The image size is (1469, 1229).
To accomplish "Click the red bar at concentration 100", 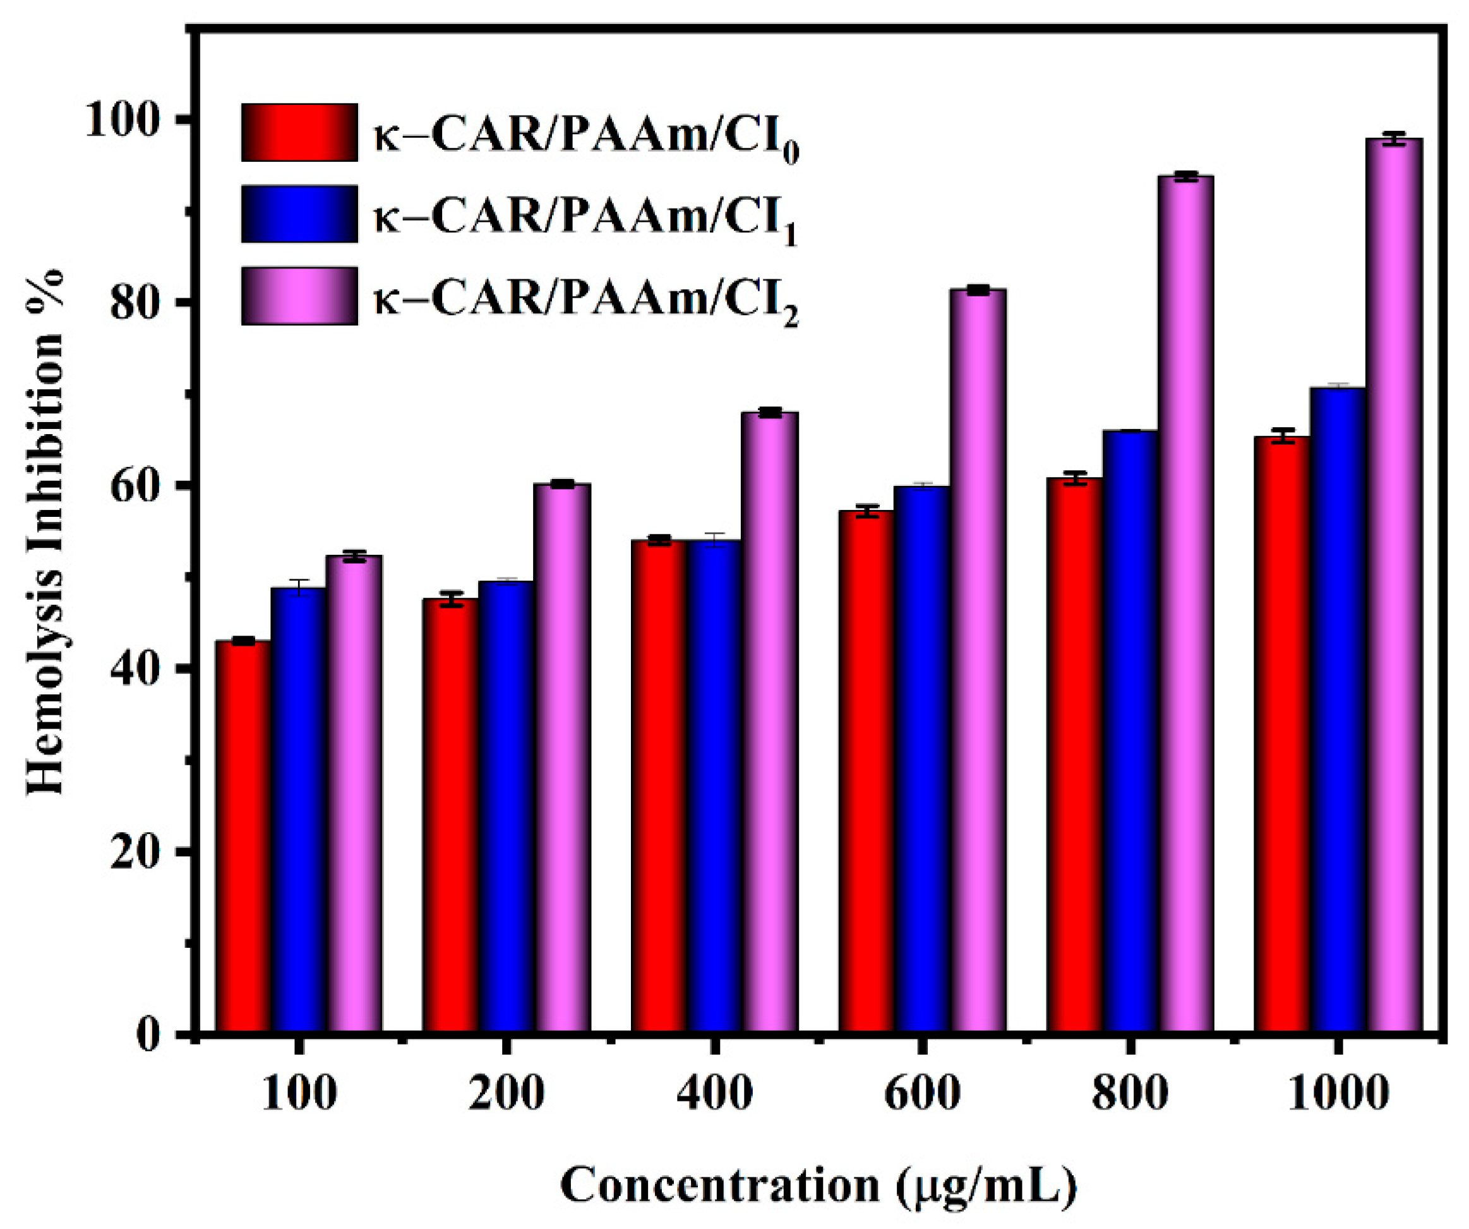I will (x=243, y=837).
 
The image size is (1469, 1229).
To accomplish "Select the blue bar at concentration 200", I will (x=506, y=805).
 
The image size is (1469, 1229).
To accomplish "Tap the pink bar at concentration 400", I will (x=769, y=721).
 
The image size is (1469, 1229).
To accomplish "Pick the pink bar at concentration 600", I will (x=978, y=658).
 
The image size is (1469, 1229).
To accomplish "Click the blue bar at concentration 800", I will (x=1130, y=731).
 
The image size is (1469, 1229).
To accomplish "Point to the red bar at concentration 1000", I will (x=1281, y=735).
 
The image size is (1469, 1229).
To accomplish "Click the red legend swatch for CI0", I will (x=299, y=133).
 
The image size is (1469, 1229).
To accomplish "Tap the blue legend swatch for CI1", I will (x=299, y=214).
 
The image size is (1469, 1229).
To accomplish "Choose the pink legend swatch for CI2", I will (x=299, y=296).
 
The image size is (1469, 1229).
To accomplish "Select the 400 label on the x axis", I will (x=714, y=1093).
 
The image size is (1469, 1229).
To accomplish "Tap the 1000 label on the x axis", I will (x=1338, y=1093).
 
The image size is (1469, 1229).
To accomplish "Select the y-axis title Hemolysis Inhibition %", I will (x=46, y=532).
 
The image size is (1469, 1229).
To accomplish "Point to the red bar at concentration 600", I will (x=866, y=770).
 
